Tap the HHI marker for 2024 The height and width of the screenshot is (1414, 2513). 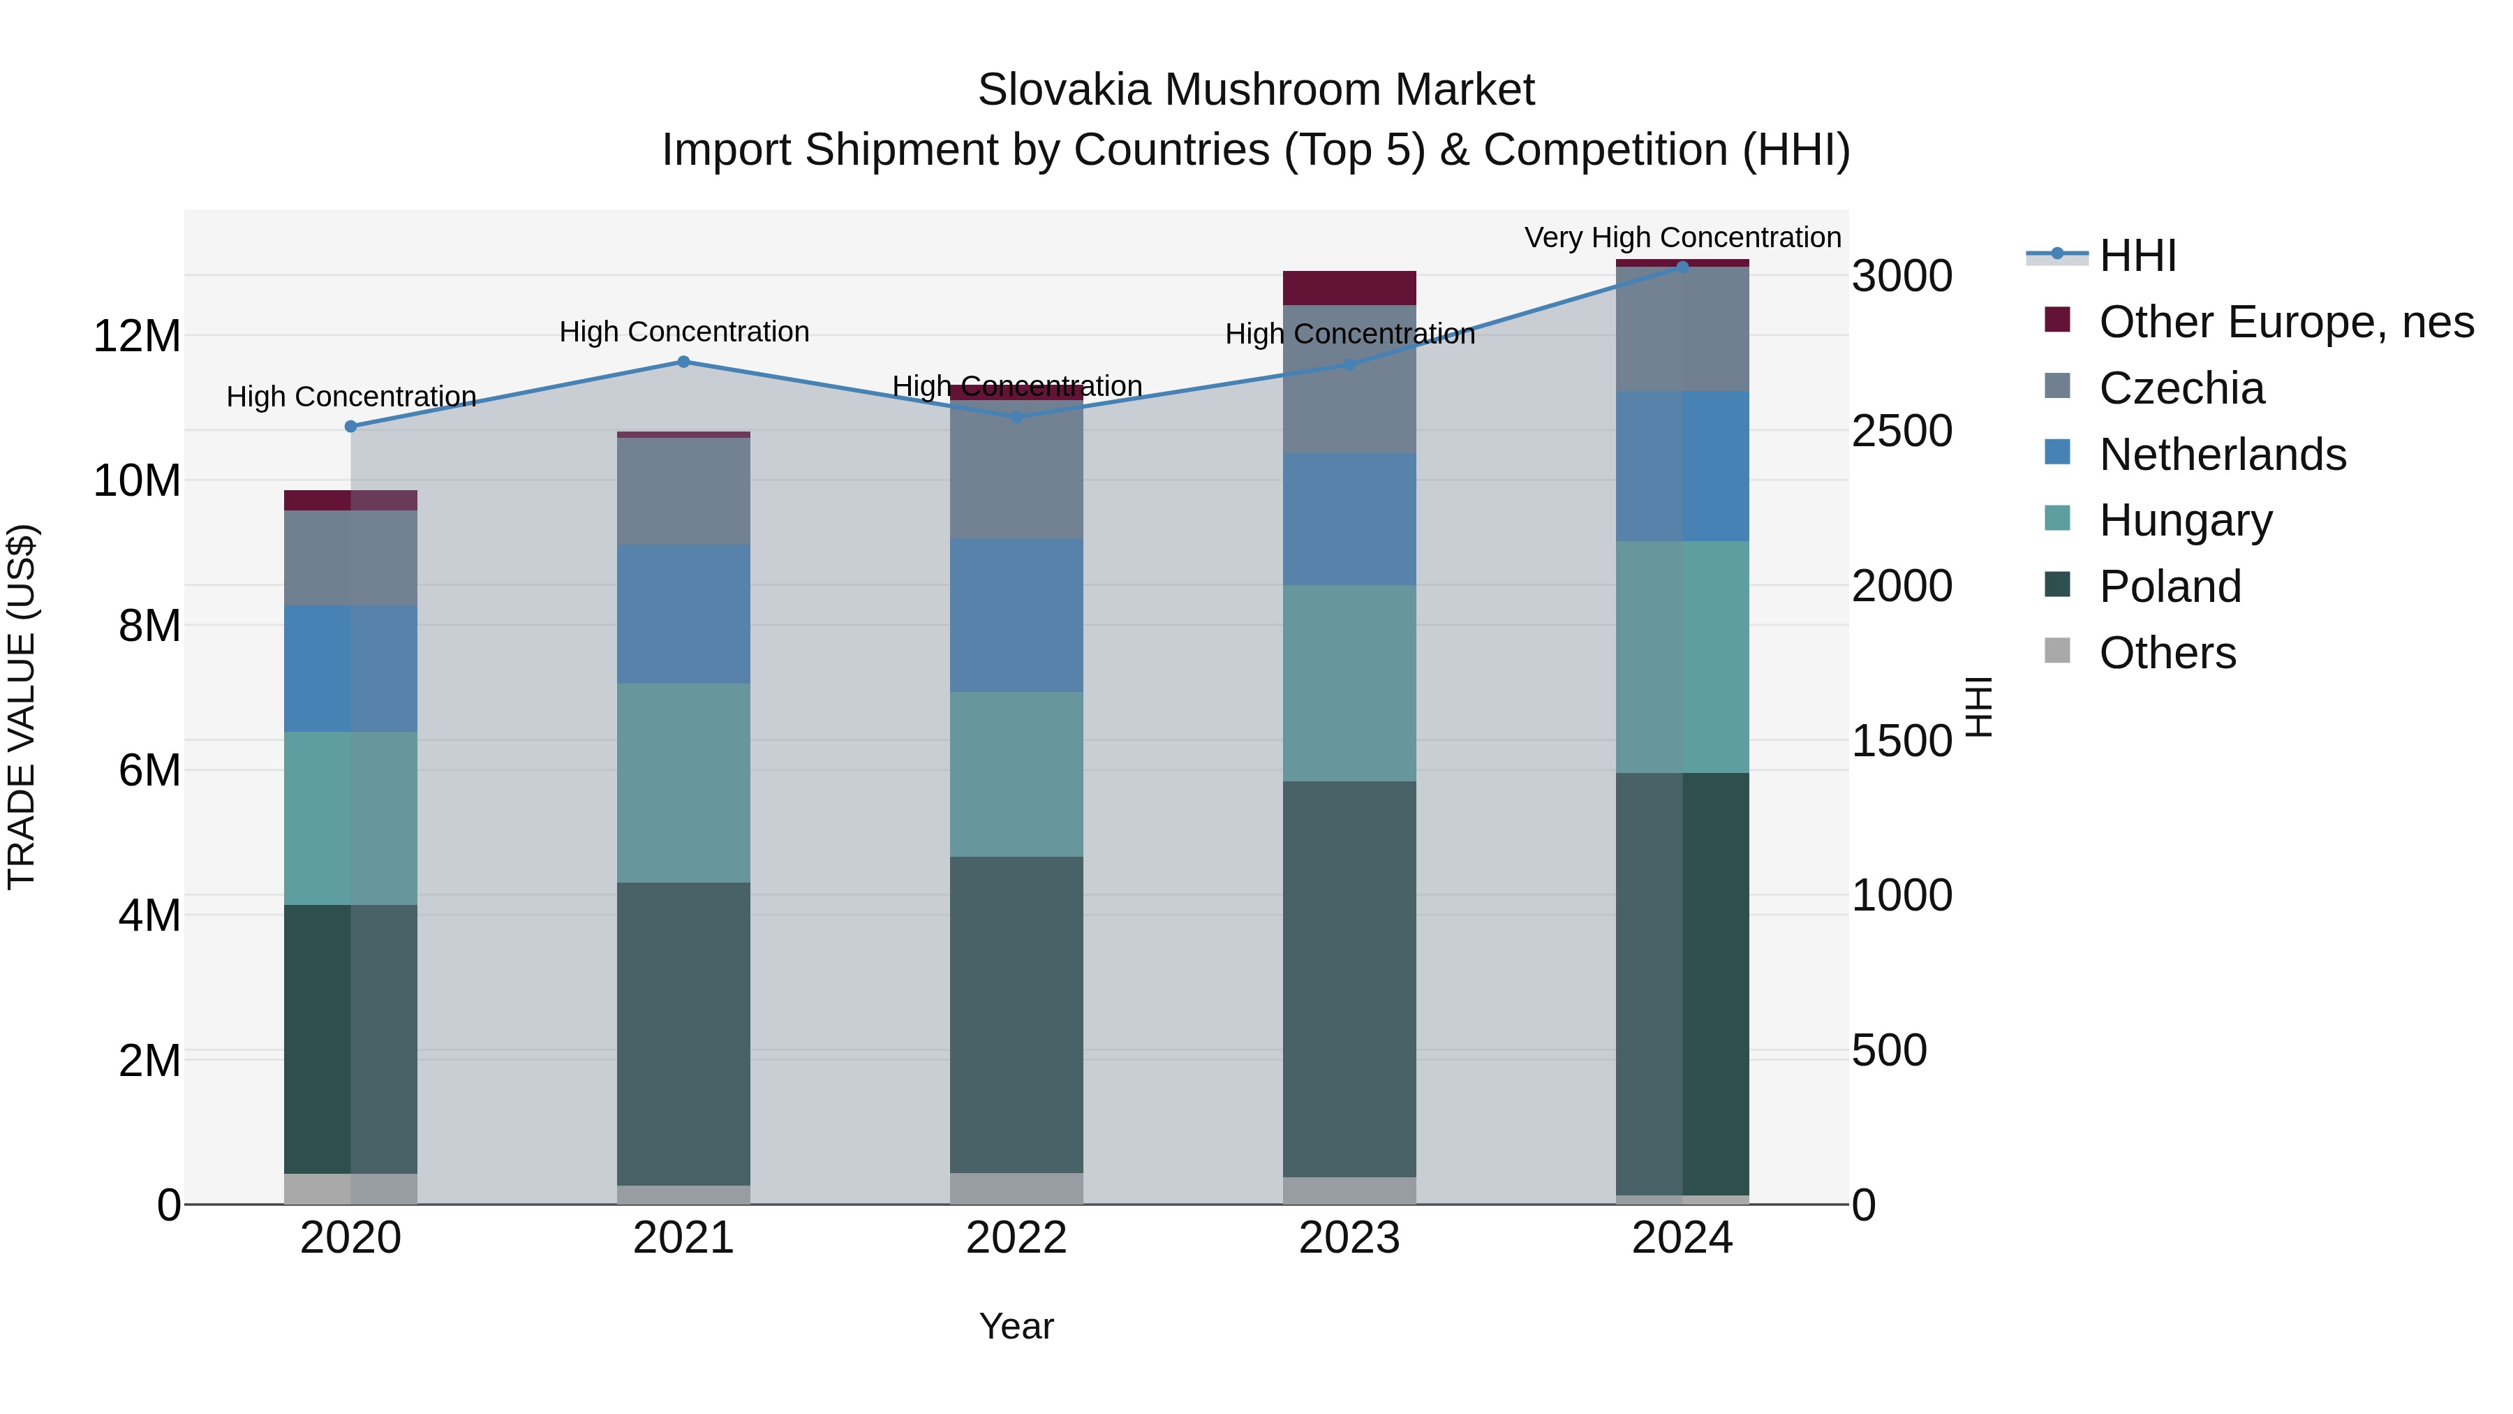point(1682,267)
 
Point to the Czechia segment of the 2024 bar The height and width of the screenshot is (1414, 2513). point(1682,329)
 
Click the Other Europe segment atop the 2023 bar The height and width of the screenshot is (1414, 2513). point(1349,288)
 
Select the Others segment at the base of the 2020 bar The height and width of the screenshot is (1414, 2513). point(350,1188)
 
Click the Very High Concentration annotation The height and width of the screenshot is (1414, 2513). point(1682,237)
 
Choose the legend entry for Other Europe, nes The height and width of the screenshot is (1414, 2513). point(2285,322)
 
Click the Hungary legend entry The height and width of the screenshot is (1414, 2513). point(2185,520)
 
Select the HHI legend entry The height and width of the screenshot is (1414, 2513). point(2137,256)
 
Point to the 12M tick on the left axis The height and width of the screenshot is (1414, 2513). point(137,337)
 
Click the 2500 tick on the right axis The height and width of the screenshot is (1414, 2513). point(1902,432)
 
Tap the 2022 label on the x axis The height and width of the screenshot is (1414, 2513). point(1016,1238)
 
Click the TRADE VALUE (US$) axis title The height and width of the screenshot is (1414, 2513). point(22,707)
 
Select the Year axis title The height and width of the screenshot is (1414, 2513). point(1016,1326)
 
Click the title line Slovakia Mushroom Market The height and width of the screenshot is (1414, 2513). point(1256,90)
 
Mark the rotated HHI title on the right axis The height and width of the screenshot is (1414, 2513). point(1978,707)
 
